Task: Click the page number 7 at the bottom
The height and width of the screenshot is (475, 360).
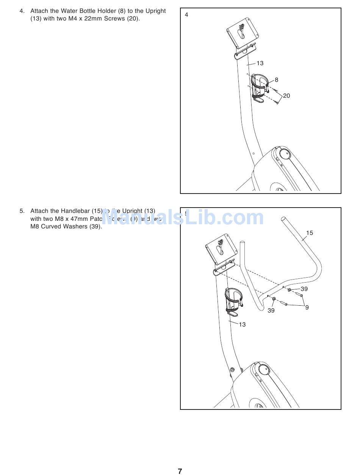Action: [x=180, y=471]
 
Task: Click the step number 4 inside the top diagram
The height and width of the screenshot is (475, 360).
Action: [x=186, y=15]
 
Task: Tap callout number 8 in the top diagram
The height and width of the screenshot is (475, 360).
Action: [x=277, y=80]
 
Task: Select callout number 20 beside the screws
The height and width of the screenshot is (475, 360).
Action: [x=286, y=96]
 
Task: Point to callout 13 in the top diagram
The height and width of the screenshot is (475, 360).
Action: [x=260, y=63]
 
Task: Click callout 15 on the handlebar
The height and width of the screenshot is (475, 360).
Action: [x=310, y=233]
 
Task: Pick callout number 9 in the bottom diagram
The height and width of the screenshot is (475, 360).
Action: [x=307, y=308]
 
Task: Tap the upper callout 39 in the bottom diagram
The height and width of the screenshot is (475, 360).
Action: [x=304, y=289]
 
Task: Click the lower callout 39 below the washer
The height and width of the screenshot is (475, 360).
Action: [x=271, y=311]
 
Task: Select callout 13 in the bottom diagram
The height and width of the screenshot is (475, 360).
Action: [x=242, y=325]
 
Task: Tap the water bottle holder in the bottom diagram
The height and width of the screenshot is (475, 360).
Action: [x=233, y=301]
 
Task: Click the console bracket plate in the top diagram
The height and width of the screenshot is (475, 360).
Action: [x=243, y=34]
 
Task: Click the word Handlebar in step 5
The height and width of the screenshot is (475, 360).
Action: [x=75, y=211]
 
